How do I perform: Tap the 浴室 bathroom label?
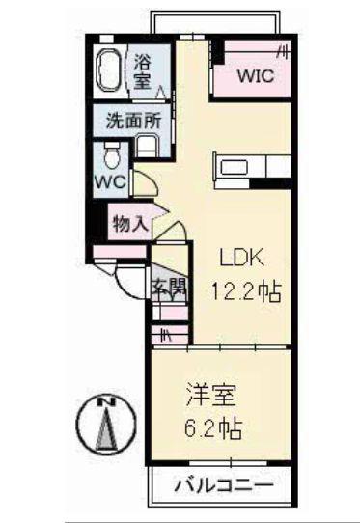click(x=143, y=72)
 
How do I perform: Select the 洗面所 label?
click(x=134, y=121)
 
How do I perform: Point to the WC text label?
click(x=110, y=182)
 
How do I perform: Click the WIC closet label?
click(x=256, y=75)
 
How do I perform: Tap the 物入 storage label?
click(x=130, y=224)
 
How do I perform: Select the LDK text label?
click(x=241, y=258)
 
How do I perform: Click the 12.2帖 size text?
click(x=246, y=291)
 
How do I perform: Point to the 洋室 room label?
click(x=210, y=396)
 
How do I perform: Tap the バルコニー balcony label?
click(x=224, y=485)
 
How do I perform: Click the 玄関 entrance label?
click(x=170, y=287)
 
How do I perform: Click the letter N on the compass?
click(x=107, y=402)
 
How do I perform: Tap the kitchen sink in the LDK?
click(x=235, y=167)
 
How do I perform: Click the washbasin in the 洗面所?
click(x=147, y=146)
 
